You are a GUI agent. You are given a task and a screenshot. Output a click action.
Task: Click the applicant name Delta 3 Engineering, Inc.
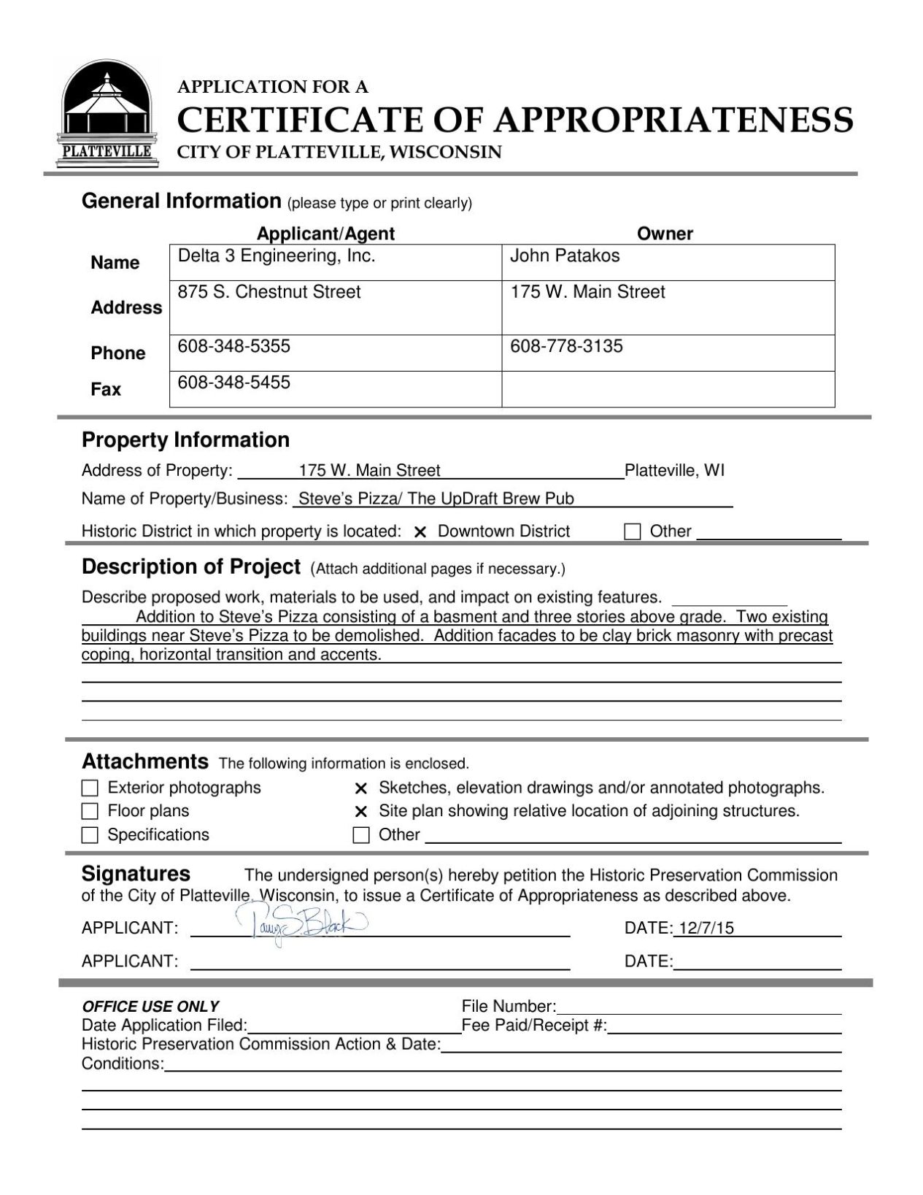pyautogui.click(x=277, y=256)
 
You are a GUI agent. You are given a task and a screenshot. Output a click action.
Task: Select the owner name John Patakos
pyautogui.click(x=565, y=256)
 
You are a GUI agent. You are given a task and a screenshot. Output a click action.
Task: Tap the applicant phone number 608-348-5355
pyautogui.click(x=234, y=346)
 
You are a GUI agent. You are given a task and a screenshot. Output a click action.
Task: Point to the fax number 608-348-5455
pyautogui.click(x=234, y=383)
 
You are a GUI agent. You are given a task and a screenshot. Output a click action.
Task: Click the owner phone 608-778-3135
pyautogui.click(x=566, y=346)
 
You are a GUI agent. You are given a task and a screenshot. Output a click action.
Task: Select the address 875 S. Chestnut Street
pyautogui.click(x=269, y=292)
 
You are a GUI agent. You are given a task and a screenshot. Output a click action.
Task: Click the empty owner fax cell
pyautogui.click(x=668, y=389)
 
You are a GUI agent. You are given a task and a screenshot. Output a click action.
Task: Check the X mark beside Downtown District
pyautogui.click(x=420, y=532)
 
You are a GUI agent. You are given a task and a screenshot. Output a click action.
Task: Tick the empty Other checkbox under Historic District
pyautogui.click(x=632, y=531)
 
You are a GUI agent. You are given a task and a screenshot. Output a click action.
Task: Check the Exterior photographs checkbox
pyautogui.click(x=90, y=788)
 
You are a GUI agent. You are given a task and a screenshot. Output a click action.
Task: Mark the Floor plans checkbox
pyautogui.click(x=90, y=812)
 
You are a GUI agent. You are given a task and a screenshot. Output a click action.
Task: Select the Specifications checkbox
pyautogui.click(x=90, y=835)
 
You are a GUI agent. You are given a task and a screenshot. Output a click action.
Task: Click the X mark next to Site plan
pyautogui.click(x=360, y=812)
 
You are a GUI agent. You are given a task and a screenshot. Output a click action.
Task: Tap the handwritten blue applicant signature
pyautogui.click(x=300, y=926)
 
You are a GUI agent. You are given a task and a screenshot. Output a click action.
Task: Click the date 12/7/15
pyautogui.click(x=705, y=929)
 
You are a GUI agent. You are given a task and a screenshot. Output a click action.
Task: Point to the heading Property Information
pyautogui.click(x=185, y=440)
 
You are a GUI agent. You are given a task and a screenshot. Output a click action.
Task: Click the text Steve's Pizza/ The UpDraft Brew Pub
pyautogui.click(x=436, y=499)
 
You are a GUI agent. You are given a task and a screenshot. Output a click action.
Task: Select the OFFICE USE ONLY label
pyautogui.click(x=150, y=1006)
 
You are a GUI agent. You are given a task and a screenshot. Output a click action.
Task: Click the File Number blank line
pyautogui.click(x=698, y=1007)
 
